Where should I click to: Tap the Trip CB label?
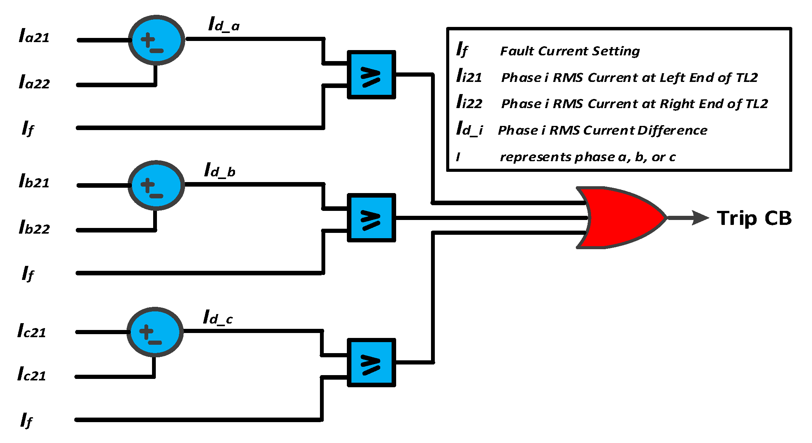754,218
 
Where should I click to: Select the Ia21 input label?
34,36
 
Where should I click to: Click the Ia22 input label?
34,82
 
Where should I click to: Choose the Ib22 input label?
34,228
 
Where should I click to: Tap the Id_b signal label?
219,170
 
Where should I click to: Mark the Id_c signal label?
218,317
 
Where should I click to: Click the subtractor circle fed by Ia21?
157,40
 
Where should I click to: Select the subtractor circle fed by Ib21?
156,185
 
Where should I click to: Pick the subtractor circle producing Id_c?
155,332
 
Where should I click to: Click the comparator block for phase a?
371,75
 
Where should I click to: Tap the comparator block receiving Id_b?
371,218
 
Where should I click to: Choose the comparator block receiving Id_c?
371,363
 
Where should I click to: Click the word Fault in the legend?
517,51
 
